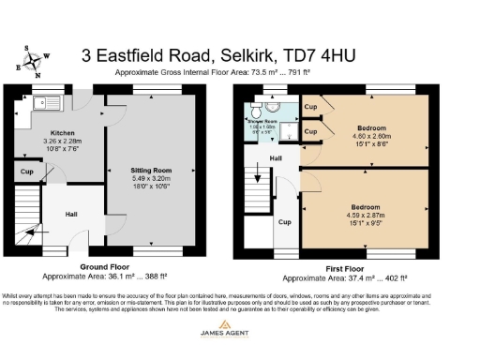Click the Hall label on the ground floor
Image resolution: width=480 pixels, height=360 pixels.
[x=71, y=215]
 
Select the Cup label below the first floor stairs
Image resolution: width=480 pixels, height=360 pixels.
[x=284, y=222]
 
